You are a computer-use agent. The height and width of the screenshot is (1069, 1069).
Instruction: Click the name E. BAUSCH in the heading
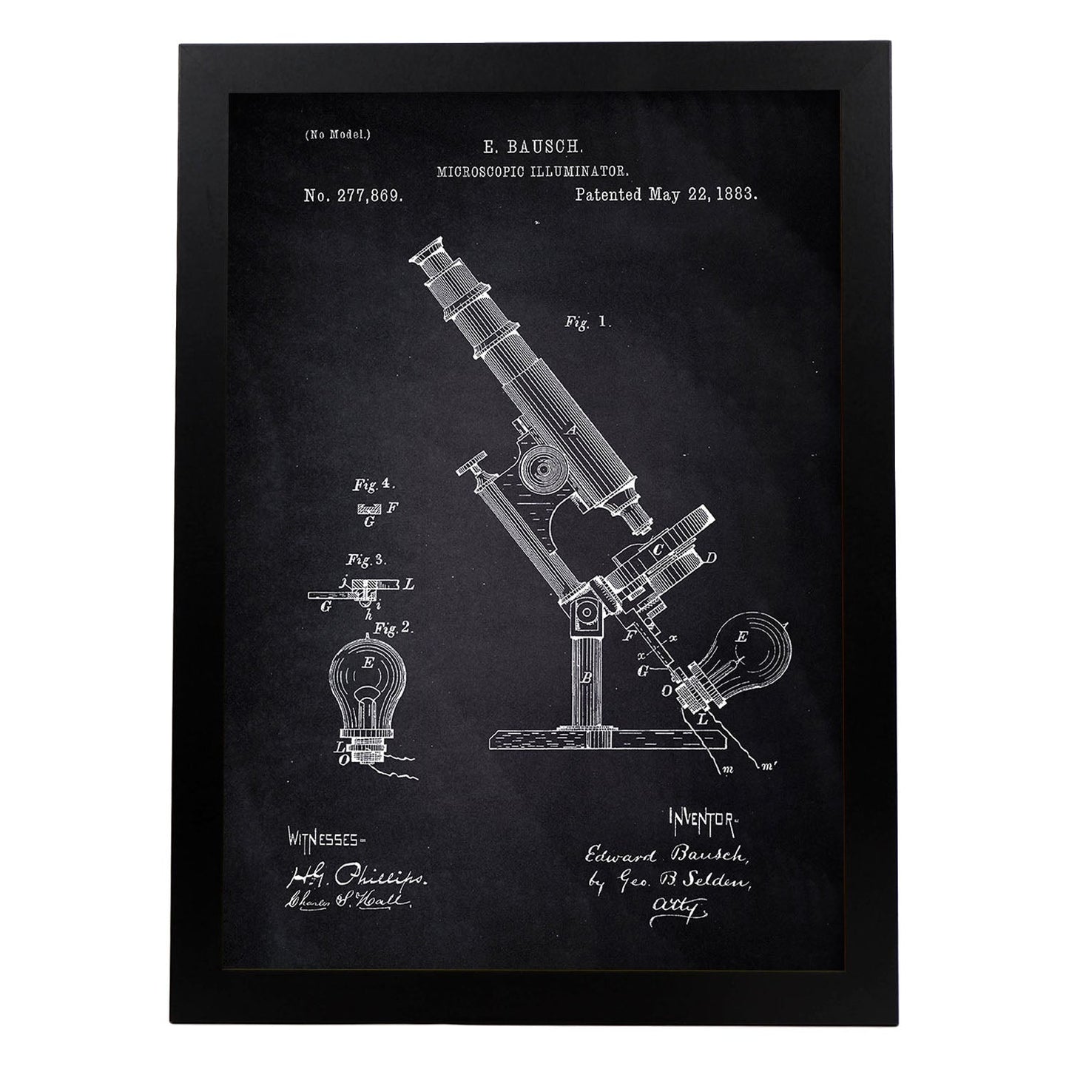click(x=532, y=147)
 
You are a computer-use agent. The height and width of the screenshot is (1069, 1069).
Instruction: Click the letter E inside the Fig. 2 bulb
click(x=368, y=663)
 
